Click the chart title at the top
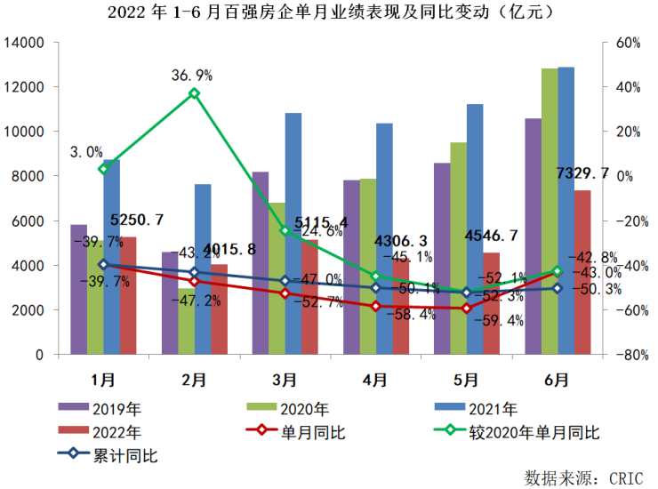[x=328, y=12]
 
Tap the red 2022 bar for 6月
[x=582, y=272]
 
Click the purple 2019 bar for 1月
[x=79, y=289]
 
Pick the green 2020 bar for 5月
[x=458, y=248]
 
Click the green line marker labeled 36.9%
[x=194, y=93]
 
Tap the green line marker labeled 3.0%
[x=103, y=169]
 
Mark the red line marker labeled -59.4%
[x=466, y=309]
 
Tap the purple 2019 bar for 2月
[x=170, y=302]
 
